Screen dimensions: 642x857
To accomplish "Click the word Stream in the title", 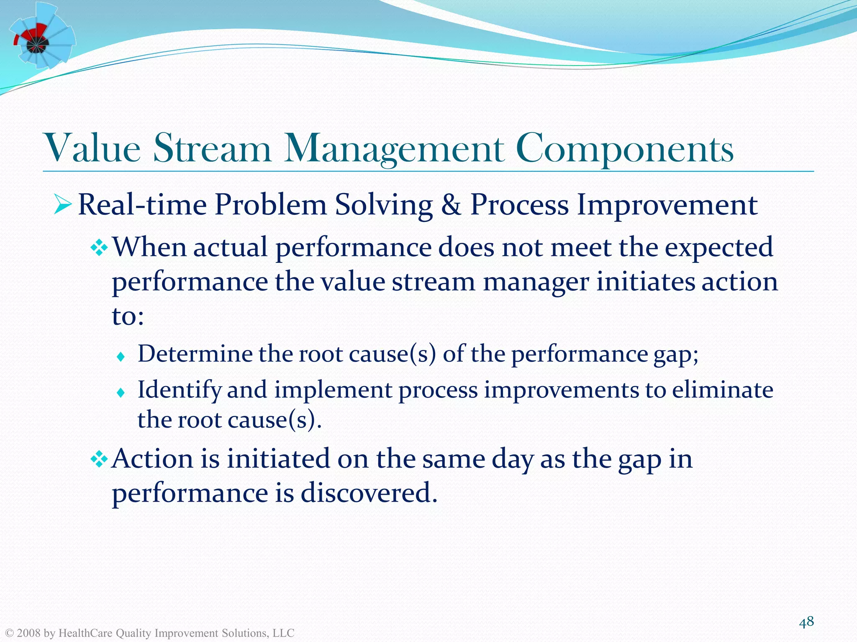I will coord(213,149).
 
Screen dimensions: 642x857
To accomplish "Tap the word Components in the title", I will coord(624,149).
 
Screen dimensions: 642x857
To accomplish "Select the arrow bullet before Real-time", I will coord(63,205).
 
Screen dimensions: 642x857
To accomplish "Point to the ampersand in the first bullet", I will coord(451,205).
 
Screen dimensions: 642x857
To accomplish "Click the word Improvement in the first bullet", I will coord(667,205).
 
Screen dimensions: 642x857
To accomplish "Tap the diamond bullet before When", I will coord(100,249).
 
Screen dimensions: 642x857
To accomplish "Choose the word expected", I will coord(718,247).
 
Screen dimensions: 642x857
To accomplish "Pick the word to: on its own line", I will coord(128,316).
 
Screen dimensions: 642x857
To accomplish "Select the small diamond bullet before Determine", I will coord(121,357).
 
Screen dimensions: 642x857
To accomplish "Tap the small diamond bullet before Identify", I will coord(121,392).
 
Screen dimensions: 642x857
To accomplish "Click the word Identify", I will coord(179,390).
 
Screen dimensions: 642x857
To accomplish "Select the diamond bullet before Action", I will coord(100,460).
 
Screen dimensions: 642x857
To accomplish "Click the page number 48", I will coord(806,622).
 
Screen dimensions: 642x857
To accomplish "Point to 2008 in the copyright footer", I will coord(29,633).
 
